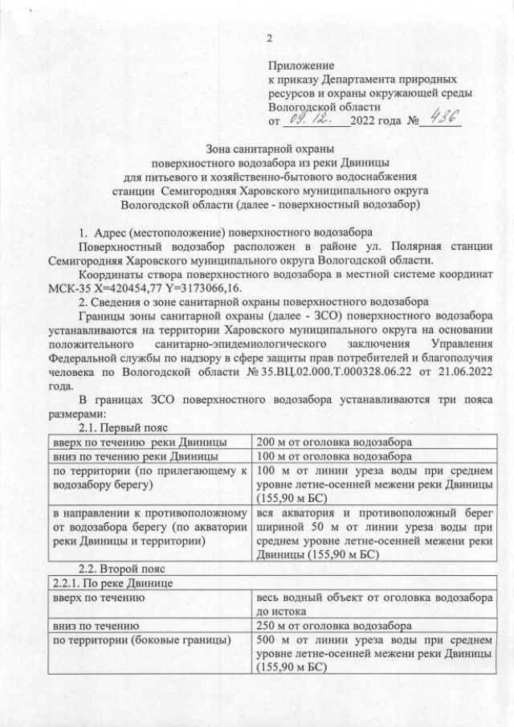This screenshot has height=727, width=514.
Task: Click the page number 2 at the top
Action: tap(270, 39)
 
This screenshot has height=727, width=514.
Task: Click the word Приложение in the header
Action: tap(301, 66)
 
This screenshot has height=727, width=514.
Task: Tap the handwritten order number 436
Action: tap(439, 118)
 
